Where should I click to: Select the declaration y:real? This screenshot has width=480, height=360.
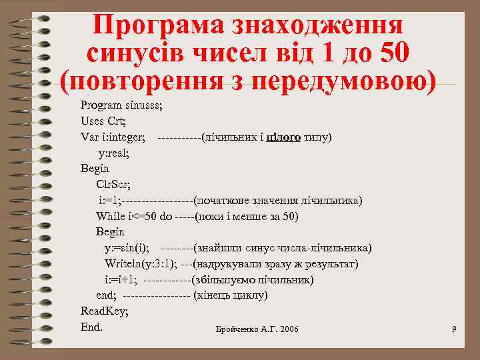[x=114, y=153]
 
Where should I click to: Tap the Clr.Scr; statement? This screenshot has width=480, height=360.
[x=114, y=185]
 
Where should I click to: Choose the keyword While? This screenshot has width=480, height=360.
[x=110, y=216]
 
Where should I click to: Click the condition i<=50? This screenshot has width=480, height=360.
[x=143, y=216]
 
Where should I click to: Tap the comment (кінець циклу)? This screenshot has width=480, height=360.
[x=230, y=295]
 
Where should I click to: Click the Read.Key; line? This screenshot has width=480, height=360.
[x=105, y=311]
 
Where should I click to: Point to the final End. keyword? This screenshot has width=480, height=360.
[x=91, y=327]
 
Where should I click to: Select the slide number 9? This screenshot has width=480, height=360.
[x=454, y=330]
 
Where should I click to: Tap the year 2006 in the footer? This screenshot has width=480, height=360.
[x=289, y=330]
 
